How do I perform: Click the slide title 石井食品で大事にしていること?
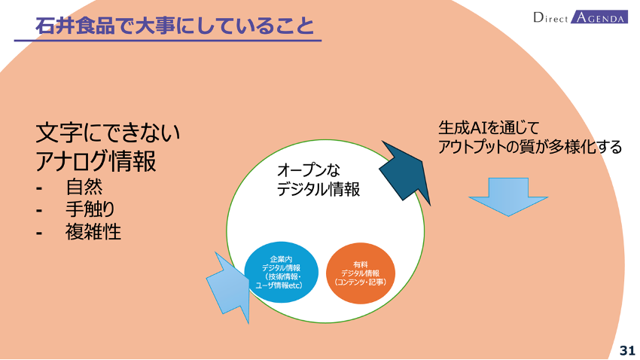175,26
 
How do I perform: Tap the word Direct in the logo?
550,17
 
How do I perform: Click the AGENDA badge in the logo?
599,17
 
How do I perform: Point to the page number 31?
627,351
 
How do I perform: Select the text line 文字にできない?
108,133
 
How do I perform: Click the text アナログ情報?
96,161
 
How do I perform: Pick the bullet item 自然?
84,187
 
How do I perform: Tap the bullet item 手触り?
90,209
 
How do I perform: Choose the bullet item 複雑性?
93,231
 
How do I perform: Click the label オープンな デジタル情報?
318,179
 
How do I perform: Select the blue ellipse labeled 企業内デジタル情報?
282,272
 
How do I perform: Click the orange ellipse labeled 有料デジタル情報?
361,273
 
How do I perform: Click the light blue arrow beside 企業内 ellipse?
229,286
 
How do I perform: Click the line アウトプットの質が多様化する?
530,147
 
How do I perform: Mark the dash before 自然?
39,188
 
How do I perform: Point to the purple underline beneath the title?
168,41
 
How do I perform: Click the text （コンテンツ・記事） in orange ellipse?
361,282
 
